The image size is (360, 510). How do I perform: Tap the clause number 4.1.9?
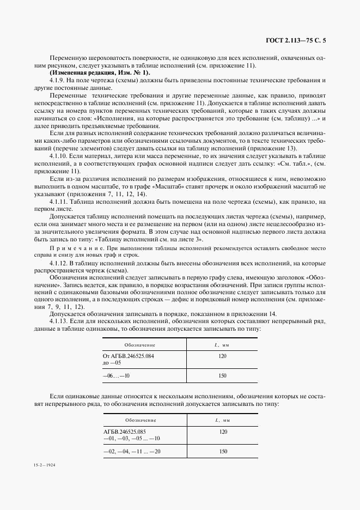pos(57,80)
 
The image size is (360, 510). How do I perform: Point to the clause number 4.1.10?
pos(58,155)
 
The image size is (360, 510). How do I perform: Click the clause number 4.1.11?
pos(58,201)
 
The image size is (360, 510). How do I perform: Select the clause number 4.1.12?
pos(58,263)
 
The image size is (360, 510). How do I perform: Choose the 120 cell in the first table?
pos(222,355)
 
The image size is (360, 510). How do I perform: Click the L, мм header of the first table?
pos(222,345)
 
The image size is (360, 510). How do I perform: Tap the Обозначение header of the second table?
pos(140,420)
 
